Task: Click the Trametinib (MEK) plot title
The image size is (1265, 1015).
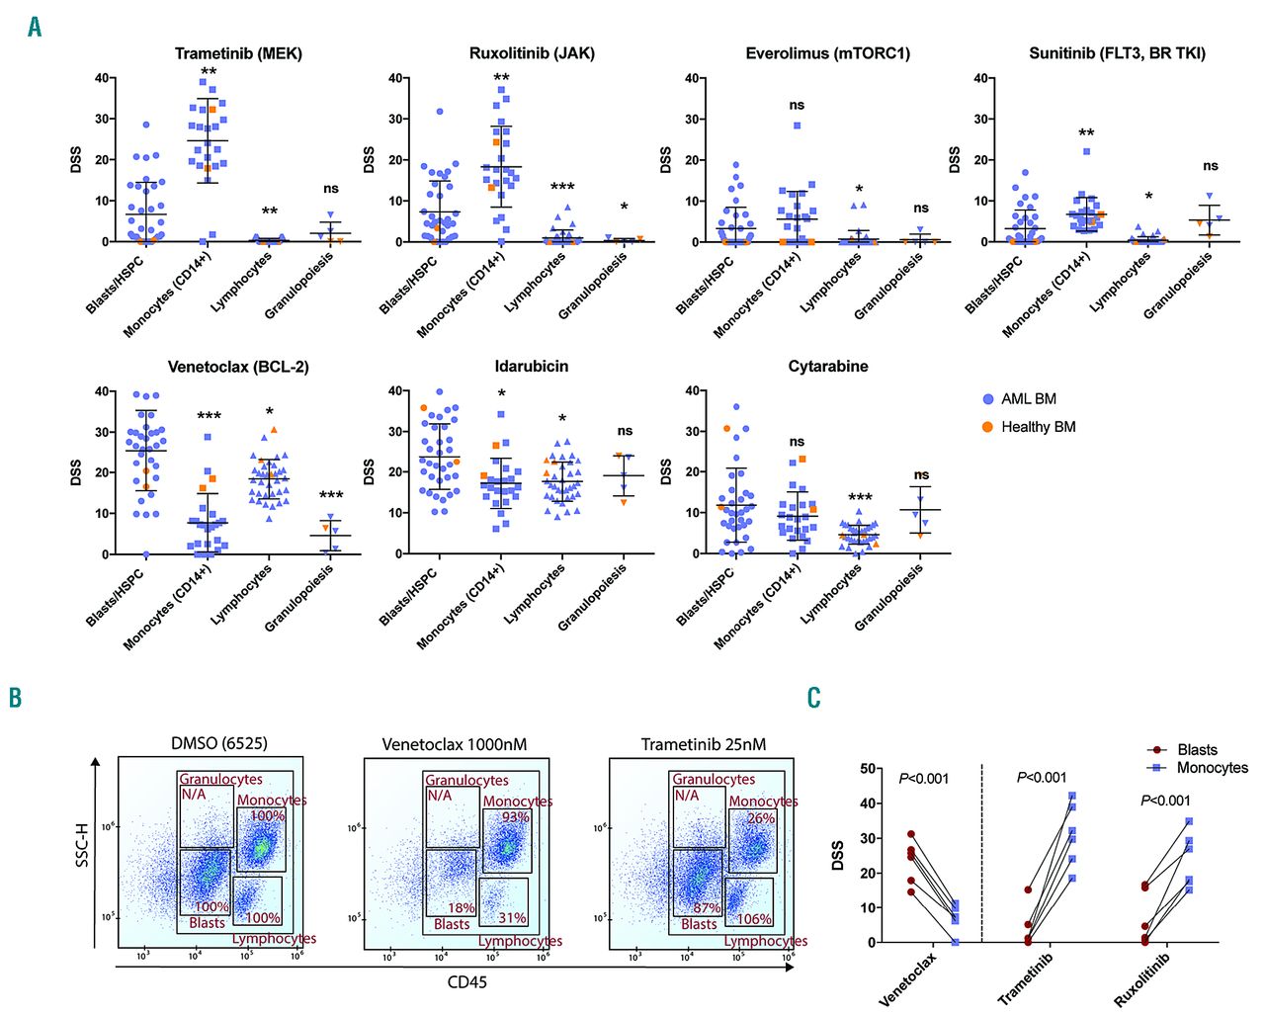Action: (238, 53)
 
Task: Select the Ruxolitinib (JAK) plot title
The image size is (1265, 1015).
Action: (532, 53)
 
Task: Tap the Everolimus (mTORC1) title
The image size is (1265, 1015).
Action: (827, 53)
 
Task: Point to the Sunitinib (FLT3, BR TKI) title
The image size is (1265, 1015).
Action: (1117, 53)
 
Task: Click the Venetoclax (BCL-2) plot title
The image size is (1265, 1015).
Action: (238, 367)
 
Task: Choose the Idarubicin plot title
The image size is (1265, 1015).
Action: (532, 367)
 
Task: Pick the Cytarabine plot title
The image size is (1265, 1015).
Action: (828, 367)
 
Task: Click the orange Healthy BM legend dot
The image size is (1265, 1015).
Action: (987, 427)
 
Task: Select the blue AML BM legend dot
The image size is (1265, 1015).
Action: (987, 399)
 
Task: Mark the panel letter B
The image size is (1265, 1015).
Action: (15, 698)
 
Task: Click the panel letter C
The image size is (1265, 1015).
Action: (813, 698)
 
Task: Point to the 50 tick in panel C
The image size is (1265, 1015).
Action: (867, 768)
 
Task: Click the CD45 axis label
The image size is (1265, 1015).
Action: (466, 982)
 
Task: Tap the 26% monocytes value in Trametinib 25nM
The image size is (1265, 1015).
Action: (760, 818)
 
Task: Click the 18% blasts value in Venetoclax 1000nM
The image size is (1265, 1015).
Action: (462, 907)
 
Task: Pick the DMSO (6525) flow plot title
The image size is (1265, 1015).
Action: (219, 744)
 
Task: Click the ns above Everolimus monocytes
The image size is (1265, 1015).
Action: (797, 105)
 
